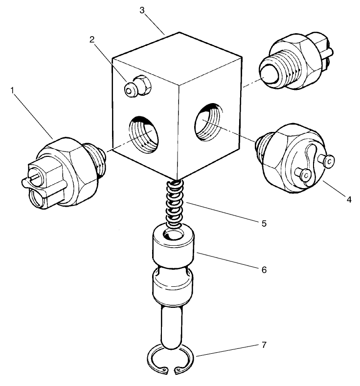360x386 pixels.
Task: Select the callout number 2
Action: coord(91,40)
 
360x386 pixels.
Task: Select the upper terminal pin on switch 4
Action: coord(329,160)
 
